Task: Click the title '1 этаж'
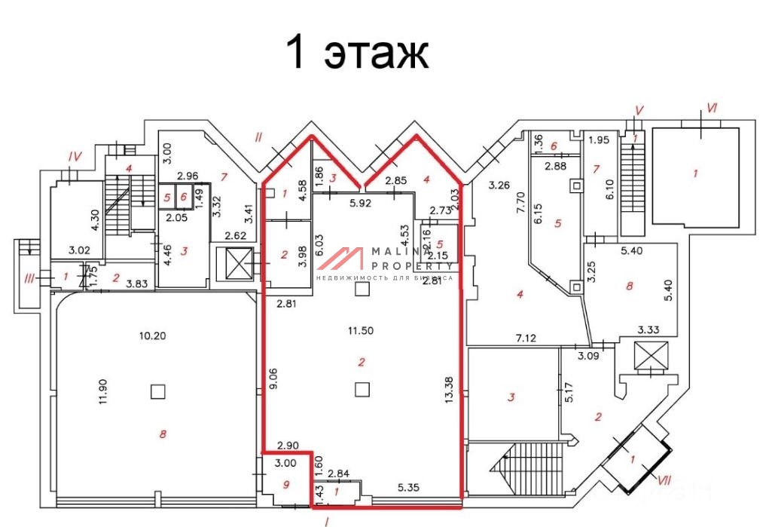pyautogui.click(x=356, y=54)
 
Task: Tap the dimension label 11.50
pyautogui.click(x=362, y=330)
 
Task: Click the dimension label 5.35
pyautogui.click(x=410, y=486)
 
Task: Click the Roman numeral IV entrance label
pyautogui.click(x=74, y=157)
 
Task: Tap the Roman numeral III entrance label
pyautogui.click(x=29, y=279)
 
